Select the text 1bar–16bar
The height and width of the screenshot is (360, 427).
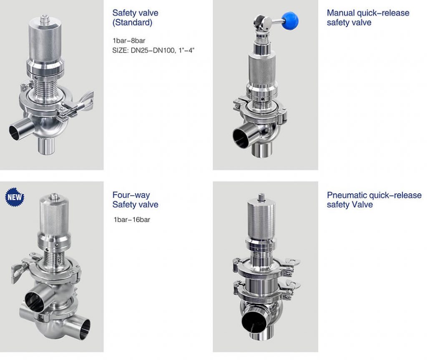coord(131,220)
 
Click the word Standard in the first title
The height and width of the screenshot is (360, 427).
coord(132,22)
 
